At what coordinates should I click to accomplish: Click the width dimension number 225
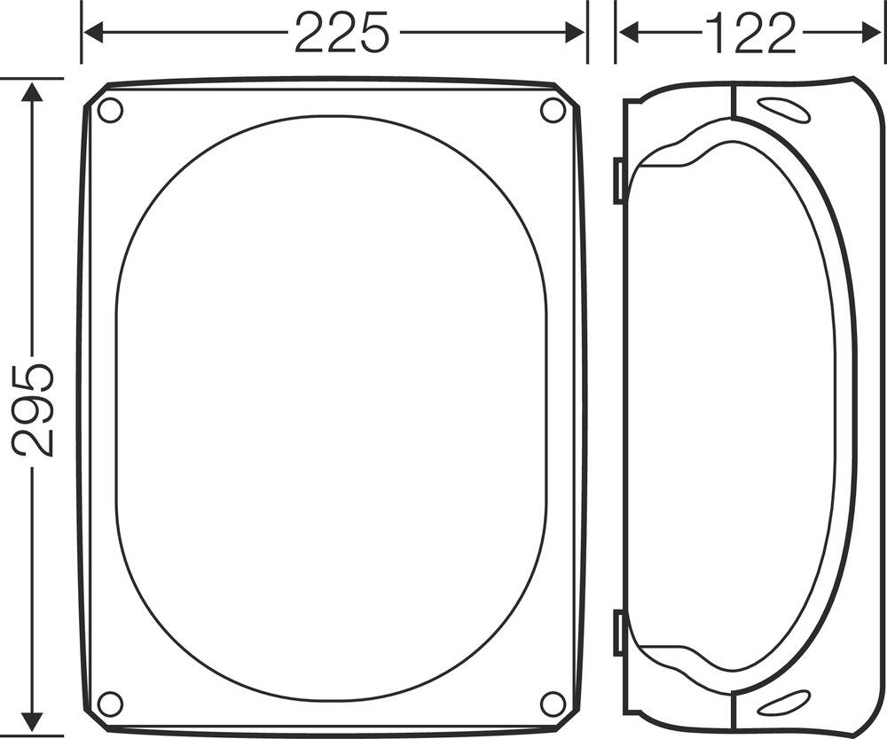pos(341,34)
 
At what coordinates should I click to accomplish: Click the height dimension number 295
pos(34,408)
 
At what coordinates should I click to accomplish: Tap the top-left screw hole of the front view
pos(110,111)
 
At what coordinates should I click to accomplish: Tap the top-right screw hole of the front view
pos(553,111)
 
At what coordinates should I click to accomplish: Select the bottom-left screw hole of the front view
pos(110,704)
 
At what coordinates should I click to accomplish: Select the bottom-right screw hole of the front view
pos(553,704)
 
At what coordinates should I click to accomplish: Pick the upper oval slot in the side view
pos(784,110)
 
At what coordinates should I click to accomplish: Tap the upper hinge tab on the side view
pos(618,181)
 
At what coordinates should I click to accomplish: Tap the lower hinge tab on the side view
pos(618,633)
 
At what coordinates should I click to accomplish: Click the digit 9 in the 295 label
pos(34,408)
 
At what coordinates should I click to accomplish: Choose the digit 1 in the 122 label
pos(716,34)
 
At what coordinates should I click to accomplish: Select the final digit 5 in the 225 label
pos(373,34)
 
